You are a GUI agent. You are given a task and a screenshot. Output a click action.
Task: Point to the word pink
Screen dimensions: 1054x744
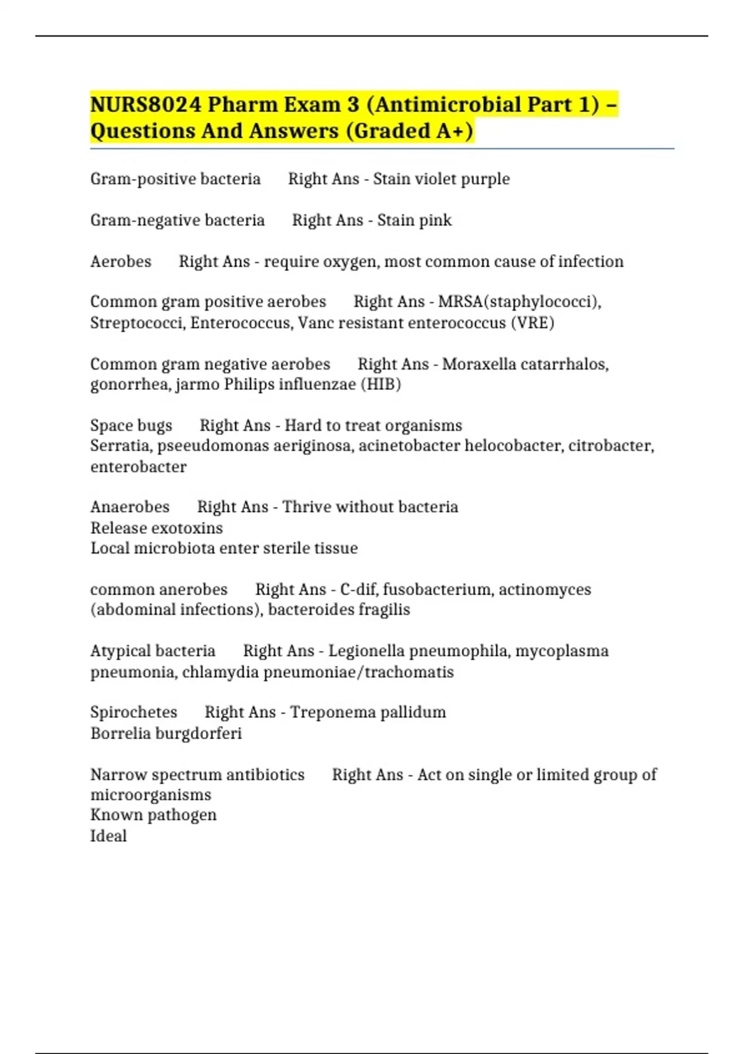point(436,220)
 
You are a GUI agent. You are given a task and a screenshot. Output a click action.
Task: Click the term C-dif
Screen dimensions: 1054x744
point(358,589)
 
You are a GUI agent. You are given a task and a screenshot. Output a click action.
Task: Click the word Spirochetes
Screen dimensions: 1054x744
point(134,712)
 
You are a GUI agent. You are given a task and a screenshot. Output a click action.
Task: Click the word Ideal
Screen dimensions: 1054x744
point(108,836)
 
